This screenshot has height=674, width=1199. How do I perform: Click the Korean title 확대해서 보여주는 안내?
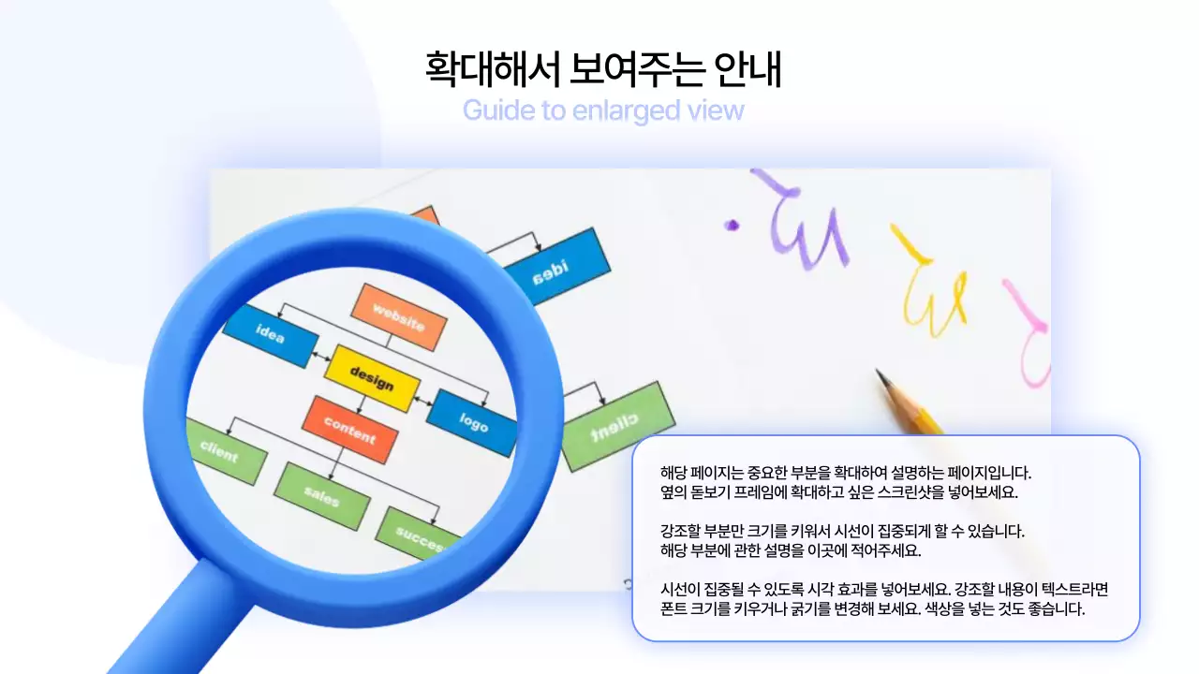click(602, 70)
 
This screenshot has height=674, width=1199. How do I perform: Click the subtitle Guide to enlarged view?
click(602, 110)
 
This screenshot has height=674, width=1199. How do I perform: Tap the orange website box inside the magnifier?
click(399, 316)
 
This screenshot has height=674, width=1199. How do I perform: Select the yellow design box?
click(371, 378)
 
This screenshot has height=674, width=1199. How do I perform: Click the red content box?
click(349, 430)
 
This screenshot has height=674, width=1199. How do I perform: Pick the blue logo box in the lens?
click(473, 421)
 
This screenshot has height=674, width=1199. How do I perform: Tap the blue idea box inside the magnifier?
click(270, 335)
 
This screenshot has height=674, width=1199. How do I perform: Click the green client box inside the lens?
click(222, 452)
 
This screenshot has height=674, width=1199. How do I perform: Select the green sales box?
click(321, 496)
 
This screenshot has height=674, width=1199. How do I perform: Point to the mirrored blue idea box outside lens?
click(555, 268)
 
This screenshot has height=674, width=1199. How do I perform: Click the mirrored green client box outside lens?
click(617, 426)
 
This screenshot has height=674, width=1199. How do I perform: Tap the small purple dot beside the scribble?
click(733, 225)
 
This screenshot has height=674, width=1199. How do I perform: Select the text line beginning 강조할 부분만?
click(842, 531)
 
